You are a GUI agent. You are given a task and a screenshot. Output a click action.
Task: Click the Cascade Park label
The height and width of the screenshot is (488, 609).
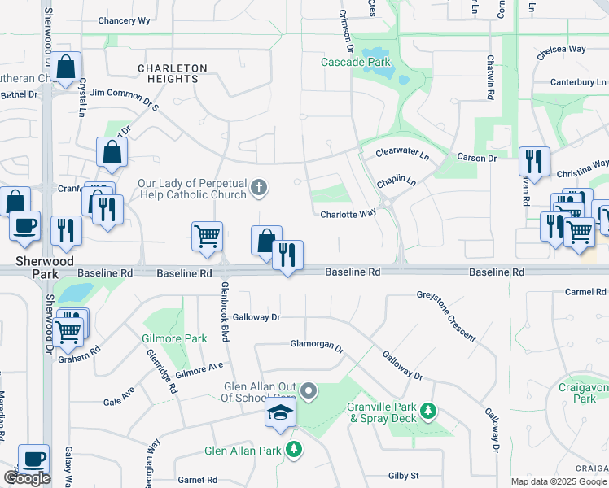point(355,62)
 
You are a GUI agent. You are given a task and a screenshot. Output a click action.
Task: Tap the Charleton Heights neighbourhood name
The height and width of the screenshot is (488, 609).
point(172,73)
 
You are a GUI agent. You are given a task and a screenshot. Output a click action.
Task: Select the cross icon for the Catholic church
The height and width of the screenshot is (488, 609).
point(259,190)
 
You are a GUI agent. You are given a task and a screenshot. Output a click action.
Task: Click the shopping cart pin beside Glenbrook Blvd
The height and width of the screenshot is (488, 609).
point(207,236)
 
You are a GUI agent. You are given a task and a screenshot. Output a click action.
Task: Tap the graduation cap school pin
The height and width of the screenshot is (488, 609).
point(280,412)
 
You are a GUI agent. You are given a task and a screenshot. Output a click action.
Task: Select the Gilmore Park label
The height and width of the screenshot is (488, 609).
point(185,338)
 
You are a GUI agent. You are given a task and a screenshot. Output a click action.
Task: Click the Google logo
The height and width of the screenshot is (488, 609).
point(27,478)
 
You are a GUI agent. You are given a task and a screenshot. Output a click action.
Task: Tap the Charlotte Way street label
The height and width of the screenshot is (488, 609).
point(348,213)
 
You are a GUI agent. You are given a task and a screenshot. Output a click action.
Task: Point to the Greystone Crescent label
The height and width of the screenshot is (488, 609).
point(446,316)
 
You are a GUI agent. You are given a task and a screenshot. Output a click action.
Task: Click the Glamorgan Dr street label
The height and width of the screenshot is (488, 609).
point(318,345)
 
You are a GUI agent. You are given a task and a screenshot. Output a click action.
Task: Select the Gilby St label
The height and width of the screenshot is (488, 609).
point(404,475)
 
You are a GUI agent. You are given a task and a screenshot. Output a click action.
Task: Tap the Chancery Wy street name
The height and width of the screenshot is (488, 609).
point(124,20)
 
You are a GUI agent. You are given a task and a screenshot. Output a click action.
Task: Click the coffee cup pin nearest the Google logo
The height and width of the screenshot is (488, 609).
point(33,459)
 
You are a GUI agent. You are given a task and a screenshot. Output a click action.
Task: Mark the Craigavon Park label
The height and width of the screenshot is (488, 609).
point(585,394)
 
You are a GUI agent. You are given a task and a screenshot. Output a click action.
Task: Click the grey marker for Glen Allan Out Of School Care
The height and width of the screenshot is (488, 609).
point(309,393)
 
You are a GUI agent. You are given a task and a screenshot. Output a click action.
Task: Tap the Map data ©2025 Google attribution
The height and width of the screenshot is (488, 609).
point(559,481)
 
